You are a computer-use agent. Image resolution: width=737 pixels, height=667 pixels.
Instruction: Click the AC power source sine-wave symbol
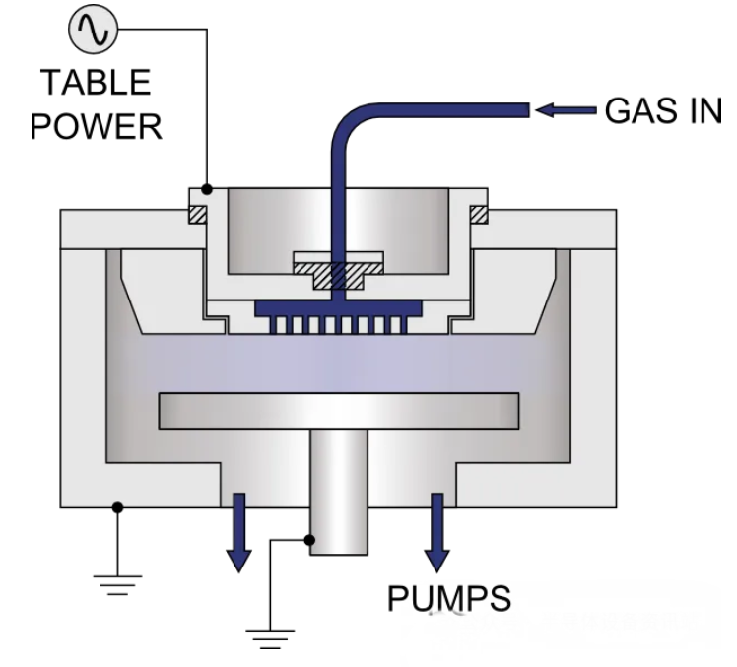(93, 29)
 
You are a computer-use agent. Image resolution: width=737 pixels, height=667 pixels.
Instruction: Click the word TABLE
(97, 82)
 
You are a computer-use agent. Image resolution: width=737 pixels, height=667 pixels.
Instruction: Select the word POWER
(96, 126)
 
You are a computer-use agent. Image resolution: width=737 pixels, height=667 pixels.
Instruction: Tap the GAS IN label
(663, 111)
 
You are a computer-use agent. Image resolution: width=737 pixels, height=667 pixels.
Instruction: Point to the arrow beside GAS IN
(566, 111)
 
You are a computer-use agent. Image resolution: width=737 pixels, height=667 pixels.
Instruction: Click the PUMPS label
(449, 598)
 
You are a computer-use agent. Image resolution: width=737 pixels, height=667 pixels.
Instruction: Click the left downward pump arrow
(239, 533)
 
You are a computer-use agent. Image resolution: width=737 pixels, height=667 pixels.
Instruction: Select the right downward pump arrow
(437, 533)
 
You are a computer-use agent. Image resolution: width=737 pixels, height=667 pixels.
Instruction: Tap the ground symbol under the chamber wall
(117, 585)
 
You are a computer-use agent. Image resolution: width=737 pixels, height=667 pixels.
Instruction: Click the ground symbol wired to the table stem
(270, 639)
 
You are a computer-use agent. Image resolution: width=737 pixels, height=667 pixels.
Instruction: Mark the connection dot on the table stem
(309, 540)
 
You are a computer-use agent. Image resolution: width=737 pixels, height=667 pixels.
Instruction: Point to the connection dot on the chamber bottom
(117, 507)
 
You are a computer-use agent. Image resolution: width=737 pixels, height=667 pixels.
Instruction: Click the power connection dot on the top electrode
(207, 189)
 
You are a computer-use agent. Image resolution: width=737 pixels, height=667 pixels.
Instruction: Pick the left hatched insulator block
(197, 215)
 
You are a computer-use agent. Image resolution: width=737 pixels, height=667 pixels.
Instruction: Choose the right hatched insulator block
(479, 215)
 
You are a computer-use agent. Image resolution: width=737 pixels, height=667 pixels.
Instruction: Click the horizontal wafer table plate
(339, 411)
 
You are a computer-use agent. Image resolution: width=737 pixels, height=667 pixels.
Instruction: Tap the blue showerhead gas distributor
(338, 317)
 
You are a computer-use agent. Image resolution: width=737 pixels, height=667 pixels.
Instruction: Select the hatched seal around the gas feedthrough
(338, 276)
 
